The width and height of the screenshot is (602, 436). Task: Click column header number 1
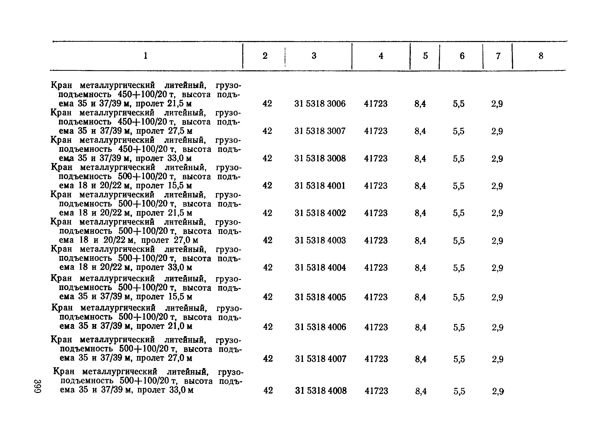click(145, 56)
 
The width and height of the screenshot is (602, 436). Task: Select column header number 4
click(381, 56)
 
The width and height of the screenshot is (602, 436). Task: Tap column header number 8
click(541, 56)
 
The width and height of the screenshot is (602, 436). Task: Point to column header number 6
click(462, 56)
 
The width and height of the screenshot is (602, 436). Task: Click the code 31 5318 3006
click(320, 103)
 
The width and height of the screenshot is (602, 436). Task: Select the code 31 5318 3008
click(320, 158)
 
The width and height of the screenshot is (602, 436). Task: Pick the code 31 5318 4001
click(320, 185)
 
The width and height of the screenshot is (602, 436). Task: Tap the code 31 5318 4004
click(320, 267)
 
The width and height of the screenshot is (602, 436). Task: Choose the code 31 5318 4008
click(321, 391)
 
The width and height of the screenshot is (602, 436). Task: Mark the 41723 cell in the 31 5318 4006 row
click(376, 327)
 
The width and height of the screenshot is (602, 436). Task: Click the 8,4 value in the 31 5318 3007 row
click(420, 131)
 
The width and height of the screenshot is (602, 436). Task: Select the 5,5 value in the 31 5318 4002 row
click(459, 213)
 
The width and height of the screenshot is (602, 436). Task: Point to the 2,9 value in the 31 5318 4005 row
click(497, 297)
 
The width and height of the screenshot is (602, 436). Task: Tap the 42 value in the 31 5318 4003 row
click(267, 240)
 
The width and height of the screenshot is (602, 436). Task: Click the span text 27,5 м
click(180, 131)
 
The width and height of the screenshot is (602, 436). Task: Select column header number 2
click(265, 56)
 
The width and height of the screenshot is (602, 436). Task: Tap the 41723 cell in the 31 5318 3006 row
click(376, 103)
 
